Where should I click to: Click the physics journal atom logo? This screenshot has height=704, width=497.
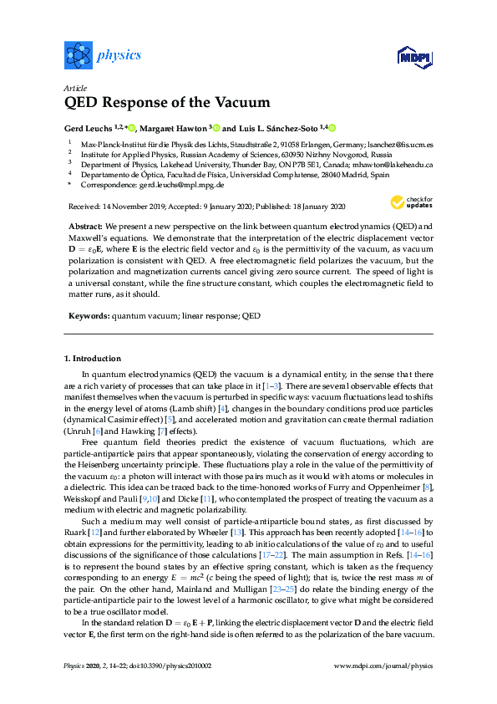[77, 56]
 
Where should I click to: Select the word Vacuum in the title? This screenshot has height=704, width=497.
[242, 103]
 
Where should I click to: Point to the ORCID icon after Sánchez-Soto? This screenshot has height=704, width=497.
[331, 128]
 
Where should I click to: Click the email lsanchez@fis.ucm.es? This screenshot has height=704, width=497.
[398, 145]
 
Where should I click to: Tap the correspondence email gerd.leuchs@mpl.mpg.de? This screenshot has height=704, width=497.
[181, 185]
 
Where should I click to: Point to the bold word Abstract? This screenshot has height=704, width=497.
[86, 227]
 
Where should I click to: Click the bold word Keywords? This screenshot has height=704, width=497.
[88, 316]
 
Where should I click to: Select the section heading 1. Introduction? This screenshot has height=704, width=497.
[92, 358]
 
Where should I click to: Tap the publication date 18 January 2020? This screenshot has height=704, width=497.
[311, 206]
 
